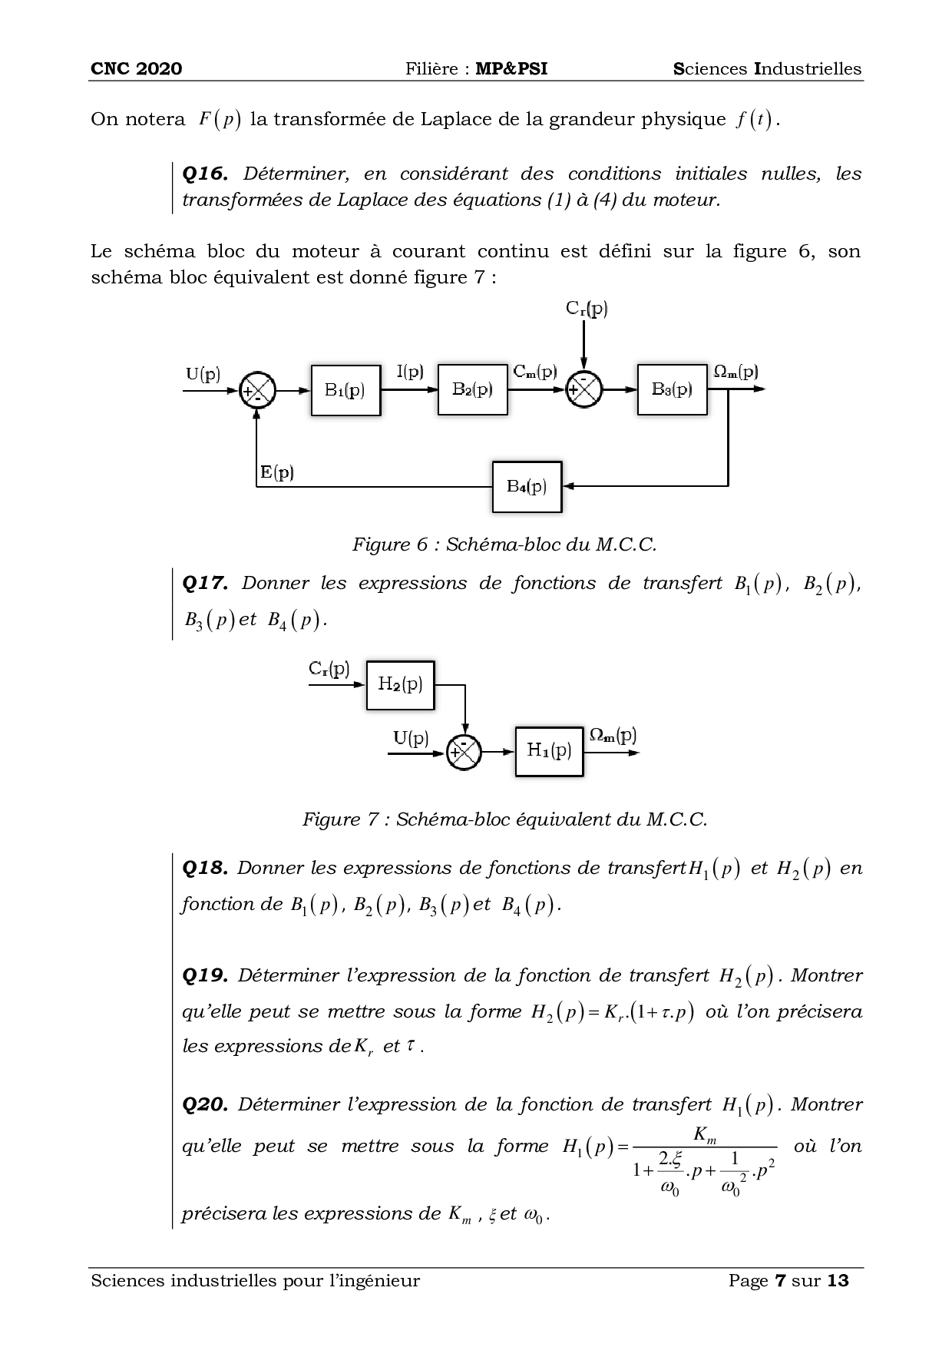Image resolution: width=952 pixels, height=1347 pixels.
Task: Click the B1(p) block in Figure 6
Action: coord(345,390)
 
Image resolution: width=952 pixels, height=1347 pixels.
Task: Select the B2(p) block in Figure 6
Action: coord(472,390)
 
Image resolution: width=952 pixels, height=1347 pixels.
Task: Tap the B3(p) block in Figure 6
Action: coord(672,389)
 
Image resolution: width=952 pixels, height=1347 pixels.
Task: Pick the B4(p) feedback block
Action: coord(527,486)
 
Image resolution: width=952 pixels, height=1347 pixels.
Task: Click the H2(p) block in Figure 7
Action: coord(400,684)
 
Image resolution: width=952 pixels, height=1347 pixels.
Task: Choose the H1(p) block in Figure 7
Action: coord(549,750)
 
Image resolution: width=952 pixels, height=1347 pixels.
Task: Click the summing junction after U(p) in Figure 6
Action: coord(257,390)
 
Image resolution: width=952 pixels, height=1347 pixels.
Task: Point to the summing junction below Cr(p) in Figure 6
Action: coord(584,389)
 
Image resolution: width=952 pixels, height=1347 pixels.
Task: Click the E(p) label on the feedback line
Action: coord(277,473)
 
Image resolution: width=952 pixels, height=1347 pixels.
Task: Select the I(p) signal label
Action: coord(410,372)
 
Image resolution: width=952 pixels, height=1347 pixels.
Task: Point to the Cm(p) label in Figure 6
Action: coord(535,372)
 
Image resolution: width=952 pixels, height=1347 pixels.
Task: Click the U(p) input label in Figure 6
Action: coord(203,375)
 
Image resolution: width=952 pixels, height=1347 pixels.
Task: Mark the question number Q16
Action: coord(204,174)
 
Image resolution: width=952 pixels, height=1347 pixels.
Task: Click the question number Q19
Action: coord(205,976)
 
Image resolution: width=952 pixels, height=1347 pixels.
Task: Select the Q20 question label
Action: coord(205,1105)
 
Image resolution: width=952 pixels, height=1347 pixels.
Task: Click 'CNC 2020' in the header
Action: coord(137,69)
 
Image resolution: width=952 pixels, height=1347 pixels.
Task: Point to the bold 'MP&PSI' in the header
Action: coord(511,69)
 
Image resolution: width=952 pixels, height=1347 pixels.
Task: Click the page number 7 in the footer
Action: coord(781,1281)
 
